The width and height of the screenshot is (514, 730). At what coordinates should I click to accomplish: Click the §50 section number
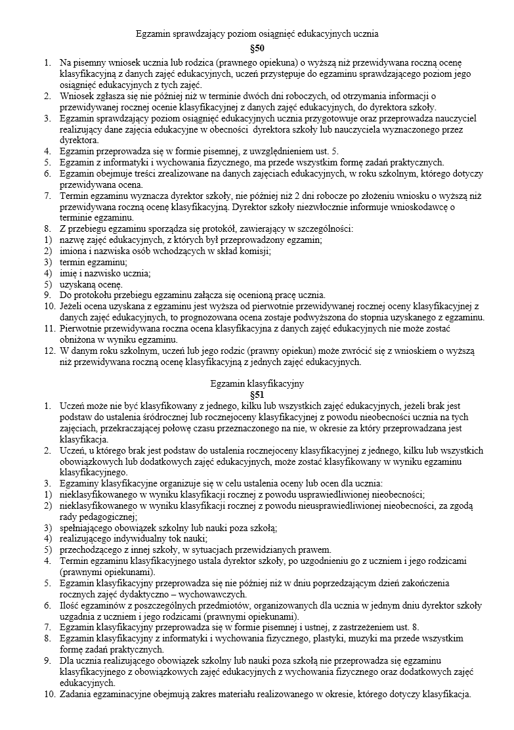(x=257, y=49)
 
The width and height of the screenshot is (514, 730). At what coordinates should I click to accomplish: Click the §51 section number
(x=257, y=395)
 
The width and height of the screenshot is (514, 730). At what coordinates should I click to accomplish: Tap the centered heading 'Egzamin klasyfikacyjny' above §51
(x=257, y=383)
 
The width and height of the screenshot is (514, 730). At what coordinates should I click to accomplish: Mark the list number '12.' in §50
(x=50, y=351)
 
